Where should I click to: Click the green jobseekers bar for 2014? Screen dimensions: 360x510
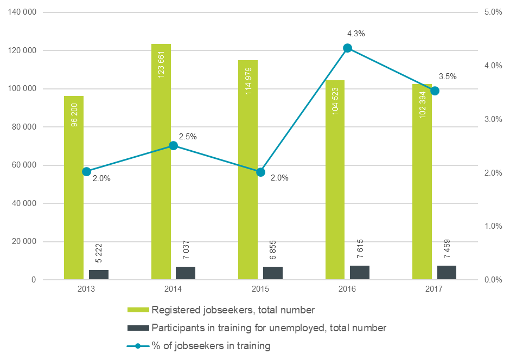coord(161,163)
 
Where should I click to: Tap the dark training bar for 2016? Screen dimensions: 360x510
coord(360,273)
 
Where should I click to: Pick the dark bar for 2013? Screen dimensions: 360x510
coord(99,275)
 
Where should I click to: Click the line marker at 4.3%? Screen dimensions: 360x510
coord(348,48)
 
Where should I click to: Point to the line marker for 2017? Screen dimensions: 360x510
coord(435,91)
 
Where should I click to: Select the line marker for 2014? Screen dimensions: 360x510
coord(173,146)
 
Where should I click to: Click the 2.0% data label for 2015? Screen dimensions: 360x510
coord(279,178)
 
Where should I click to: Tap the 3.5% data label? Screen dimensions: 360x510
coord(448,76)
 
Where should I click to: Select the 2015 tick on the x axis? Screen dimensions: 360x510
coord(260,290)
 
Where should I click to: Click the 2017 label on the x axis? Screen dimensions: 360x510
coord(434,290)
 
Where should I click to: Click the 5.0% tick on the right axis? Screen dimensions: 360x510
coord(493,12)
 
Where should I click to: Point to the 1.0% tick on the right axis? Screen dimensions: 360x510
coord(493,226)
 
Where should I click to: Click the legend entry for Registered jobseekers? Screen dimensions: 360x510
coord(233,311)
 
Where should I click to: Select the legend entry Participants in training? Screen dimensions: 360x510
coord(269,327)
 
